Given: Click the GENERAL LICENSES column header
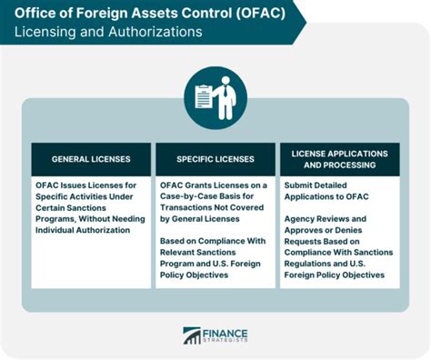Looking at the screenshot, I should [x=91, y=159].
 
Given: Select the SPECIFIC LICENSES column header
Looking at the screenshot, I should [x=215, y=159].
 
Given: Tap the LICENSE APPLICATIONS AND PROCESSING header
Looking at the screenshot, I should [x=338, y=159].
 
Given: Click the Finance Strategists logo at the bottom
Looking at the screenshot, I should [x=215, y=337].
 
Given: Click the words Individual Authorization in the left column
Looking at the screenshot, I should [x=93, y=230].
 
